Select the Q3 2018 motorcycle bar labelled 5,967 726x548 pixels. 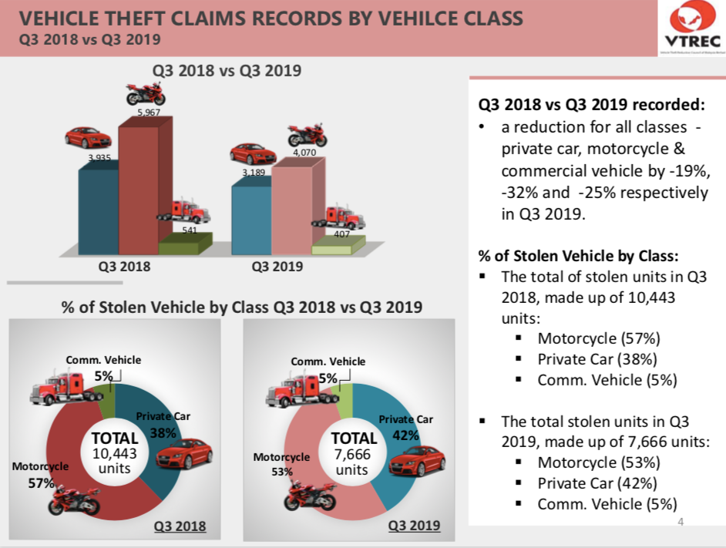139,185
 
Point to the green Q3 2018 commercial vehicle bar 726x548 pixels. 184,245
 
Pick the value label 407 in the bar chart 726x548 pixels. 341,234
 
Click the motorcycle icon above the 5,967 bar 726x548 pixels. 145,95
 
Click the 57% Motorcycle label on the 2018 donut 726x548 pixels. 42,483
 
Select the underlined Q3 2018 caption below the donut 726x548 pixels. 180,526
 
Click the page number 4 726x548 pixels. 681,523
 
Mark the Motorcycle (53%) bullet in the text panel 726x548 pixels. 599,462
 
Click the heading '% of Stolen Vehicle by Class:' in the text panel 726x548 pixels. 578,256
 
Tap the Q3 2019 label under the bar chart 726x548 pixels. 277,267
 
